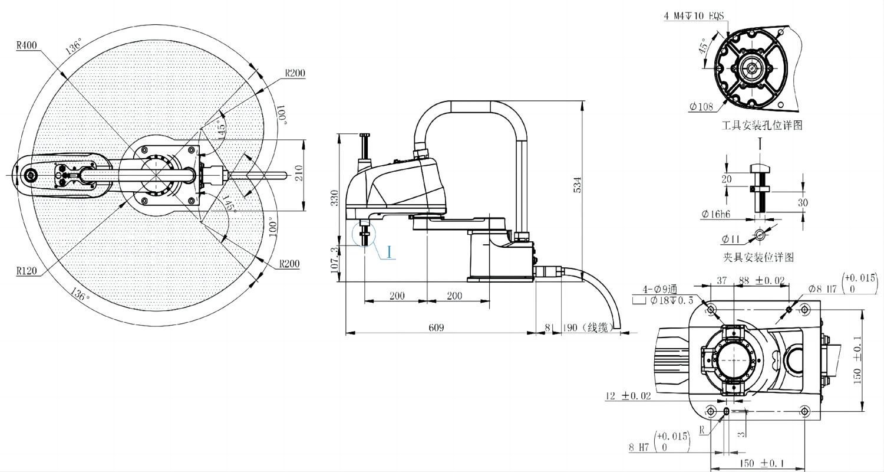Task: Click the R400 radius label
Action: click(x=27, y=45)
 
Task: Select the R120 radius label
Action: click(x=27, y=271)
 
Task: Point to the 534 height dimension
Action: click(x=578, y=184)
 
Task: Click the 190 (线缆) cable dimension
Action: click(x=589, y=327)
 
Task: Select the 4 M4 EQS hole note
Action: click(x=694, y=16)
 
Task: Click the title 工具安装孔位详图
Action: click(x=762, y=126)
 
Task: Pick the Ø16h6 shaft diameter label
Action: click(x=715, y=215)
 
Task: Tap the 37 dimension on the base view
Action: click(x=721, y=281)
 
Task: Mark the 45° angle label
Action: click(x=703, y=48)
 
